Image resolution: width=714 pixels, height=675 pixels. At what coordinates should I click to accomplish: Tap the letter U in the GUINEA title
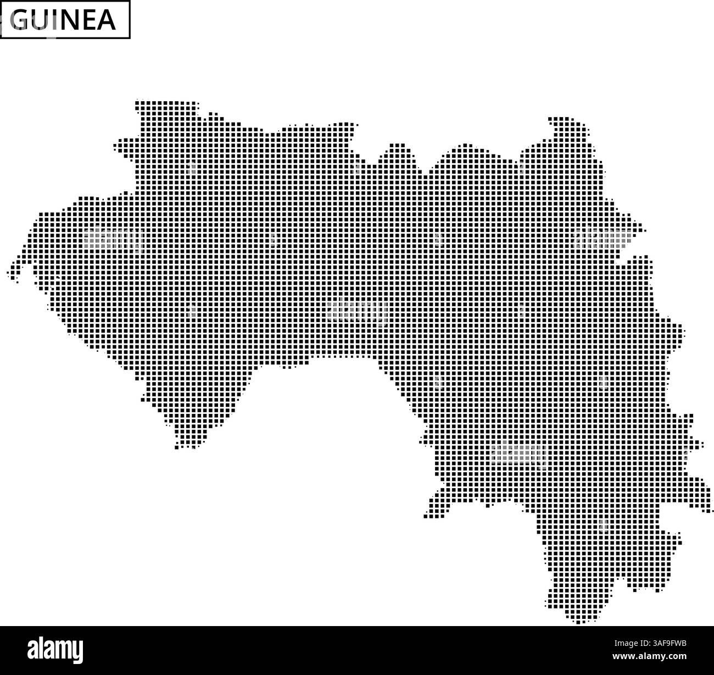tap(39, 20)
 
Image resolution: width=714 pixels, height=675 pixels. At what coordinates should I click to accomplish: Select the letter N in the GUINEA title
tap(65, 20)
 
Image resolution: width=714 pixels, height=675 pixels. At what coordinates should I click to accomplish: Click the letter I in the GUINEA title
tap(52, 20)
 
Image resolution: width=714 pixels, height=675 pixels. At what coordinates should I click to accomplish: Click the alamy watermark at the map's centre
tap(356, 311)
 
